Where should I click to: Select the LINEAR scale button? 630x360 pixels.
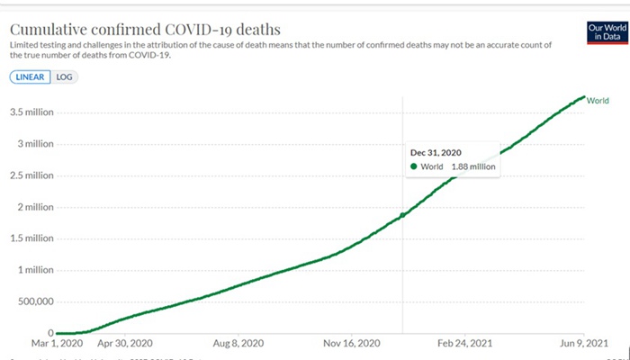pos(31,76)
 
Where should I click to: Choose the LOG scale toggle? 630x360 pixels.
pos(65,76)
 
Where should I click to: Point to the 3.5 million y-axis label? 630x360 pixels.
pos(32,112)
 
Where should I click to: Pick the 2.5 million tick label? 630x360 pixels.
pos(32,175)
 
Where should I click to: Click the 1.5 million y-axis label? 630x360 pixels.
pos(32,238)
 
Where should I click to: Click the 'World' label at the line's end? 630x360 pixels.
pos(598,100)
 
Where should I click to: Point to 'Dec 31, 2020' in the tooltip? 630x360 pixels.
pos(436,152)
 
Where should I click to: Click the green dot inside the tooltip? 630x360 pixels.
pos(413,166)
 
